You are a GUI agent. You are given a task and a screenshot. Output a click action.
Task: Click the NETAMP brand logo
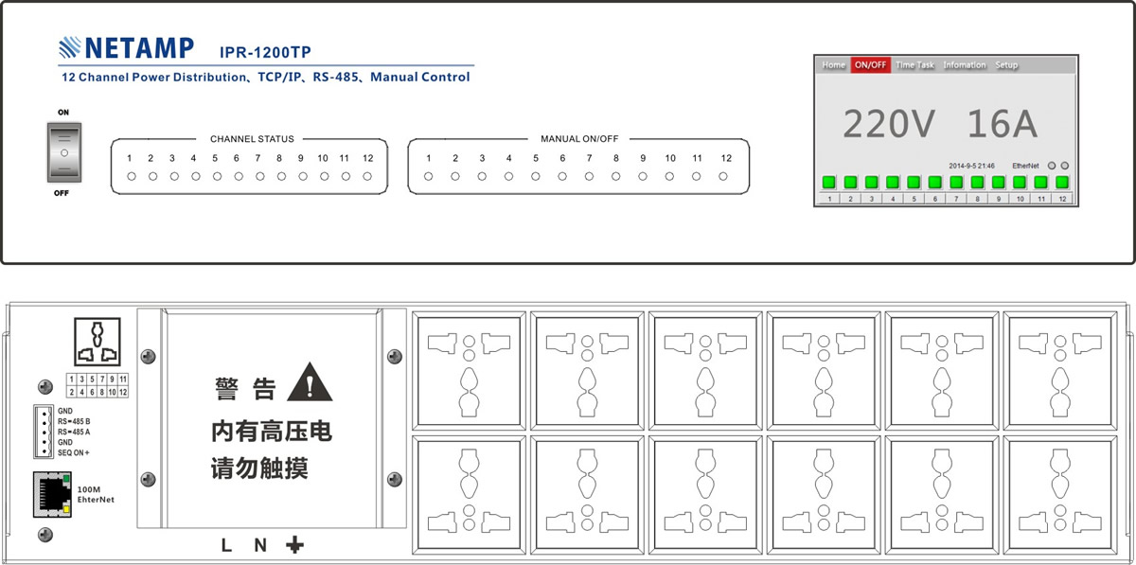(x=126, y=47)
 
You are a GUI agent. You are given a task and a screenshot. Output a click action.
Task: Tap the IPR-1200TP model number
(x=265, y=52)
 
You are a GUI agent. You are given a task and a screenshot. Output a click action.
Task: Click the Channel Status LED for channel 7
(x=260, y=176)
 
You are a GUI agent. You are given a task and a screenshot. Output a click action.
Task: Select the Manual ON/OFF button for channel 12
(x=723, y=176)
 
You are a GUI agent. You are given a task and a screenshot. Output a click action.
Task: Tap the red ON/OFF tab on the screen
(x=870, y=65)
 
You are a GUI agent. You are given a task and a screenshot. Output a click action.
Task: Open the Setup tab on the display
(x=1006, y=65)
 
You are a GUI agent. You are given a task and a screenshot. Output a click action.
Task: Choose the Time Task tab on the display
(x=914, y=65)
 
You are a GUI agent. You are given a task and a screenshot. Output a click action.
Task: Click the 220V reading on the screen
(x=889, y=124)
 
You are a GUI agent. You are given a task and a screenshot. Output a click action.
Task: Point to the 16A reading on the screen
(x=1003, y=124)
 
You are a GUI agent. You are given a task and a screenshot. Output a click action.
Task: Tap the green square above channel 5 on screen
(x=914, y=182)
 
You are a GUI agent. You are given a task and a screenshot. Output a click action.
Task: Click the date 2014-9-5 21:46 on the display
(x=971, y=166)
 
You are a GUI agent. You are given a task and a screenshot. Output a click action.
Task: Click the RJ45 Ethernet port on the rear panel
(x=52, y=494)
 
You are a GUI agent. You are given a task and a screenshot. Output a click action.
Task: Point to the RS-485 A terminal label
(x=74, y=433)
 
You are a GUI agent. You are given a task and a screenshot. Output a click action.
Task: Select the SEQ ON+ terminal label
(x=74, y=453)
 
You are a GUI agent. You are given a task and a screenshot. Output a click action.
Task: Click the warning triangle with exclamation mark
(x=310, y=382)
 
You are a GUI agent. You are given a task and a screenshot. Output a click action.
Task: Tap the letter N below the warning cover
(x=260, y=545)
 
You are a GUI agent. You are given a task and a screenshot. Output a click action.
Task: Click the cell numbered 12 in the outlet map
(x=123, y=392)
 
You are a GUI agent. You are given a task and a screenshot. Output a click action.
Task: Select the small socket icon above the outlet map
(x=98, y=342)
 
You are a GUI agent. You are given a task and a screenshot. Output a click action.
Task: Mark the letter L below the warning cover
(x=226, y=545)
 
